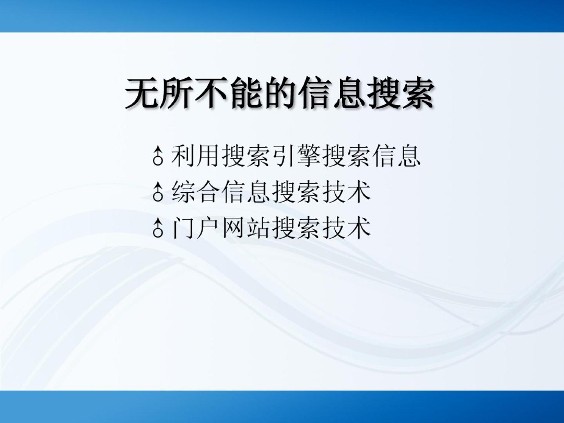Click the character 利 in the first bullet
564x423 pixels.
(x=183, y=155)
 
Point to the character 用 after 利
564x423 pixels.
(x=208, y=155)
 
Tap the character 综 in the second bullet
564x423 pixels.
(x=183, y=192)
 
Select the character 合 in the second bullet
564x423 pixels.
(x=208, y=192)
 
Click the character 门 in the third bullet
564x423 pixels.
(x=183, y=228)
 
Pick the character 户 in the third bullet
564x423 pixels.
(x=208, y=228)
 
